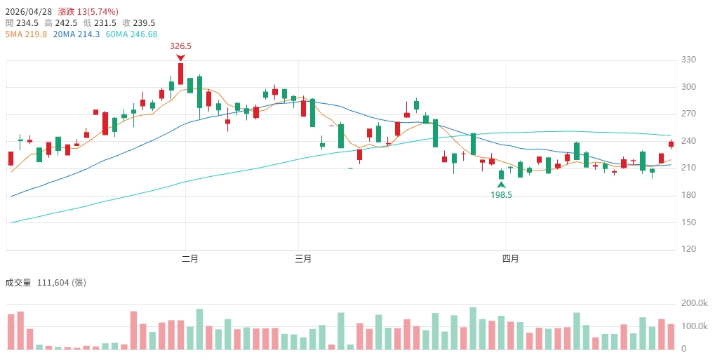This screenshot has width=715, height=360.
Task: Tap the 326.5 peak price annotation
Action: coord(180,46)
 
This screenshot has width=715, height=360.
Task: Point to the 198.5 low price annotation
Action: coord(501,195)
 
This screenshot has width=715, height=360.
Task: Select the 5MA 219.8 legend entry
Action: coord(26,34)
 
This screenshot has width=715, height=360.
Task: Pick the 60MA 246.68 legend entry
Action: coord(131,34)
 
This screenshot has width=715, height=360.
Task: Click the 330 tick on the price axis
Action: coord(688,60)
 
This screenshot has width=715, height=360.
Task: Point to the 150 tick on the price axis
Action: coord(688,222)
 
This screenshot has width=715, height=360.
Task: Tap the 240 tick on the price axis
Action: coord(688,141)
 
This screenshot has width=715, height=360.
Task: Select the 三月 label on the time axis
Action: coord(303,259)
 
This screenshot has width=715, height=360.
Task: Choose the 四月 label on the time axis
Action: coord(510,259)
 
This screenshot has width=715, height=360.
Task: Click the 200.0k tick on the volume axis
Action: coord(693,303)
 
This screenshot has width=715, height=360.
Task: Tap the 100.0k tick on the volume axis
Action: coord(693,327)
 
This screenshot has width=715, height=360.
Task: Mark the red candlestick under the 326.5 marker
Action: coord(180,74)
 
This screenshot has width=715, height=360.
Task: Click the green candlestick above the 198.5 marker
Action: coord(501,175)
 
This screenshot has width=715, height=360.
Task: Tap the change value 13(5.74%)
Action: coord(98,12)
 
